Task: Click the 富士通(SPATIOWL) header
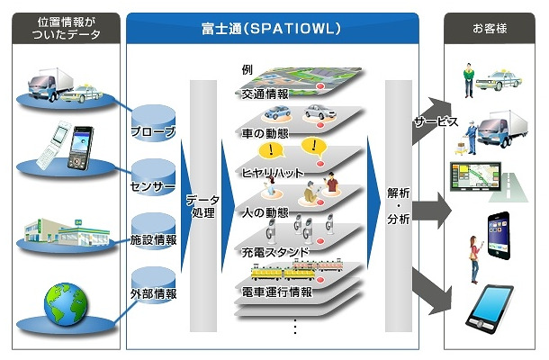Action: (272, 29)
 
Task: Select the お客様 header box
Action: (490, 29)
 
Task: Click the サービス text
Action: (436, 121)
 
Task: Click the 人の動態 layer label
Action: (265, 212)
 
